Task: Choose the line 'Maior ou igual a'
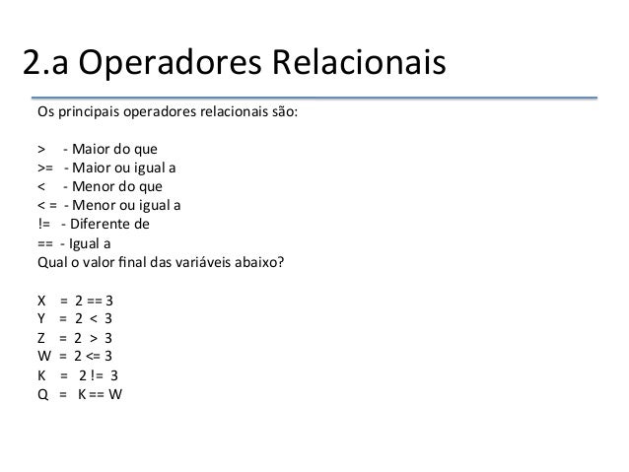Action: pyautogui.click(x=121, y=169)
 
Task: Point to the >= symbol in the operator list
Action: pyautogui.click(x=45, y=169)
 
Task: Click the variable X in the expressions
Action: pyautogui.click(x=41, y=300)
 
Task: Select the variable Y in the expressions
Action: pyautogui.click(x=41, y=318)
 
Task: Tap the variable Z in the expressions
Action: pyautogui.click(x=41, y=337)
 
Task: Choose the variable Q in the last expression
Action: pyautogui.click(x=42, y=393)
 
